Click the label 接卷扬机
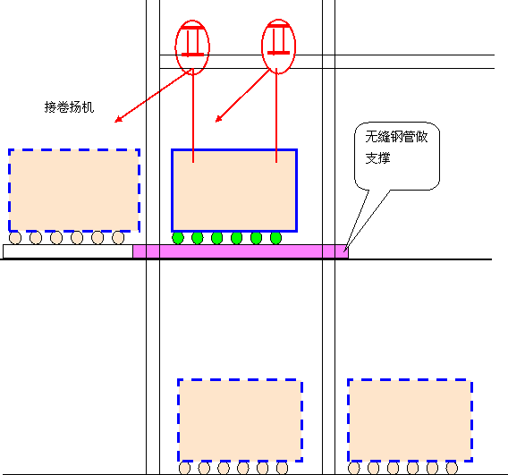[69, 107]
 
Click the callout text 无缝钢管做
[396, 136]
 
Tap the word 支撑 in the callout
[377, 157]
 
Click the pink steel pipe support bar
[241, 251]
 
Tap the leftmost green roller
[178, 238]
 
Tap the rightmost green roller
[275, 238]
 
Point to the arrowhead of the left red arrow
[115, 122]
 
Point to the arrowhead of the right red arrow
[216, 122]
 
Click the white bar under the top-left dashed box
[68, 251]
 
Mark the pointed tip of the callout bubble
[344, 251]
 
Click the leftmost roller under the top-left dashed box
[15, 238]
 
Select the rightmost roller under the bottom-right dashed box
[452, 469]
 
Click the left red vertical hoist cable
[193, 115]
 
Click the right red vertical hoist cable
[276, 115]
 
